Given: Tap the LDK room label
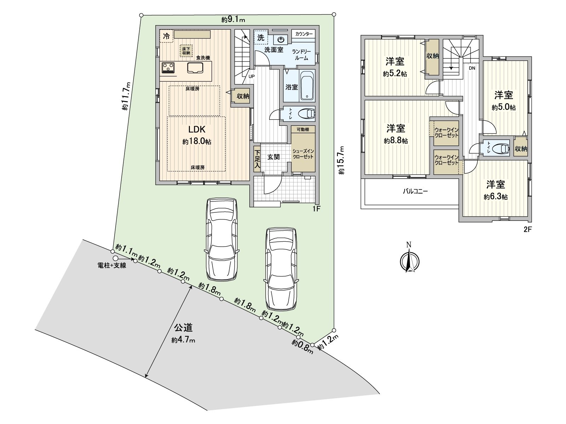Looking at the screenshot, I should point(197,129).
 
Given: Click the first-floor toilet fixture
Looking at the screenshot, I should point(306,114).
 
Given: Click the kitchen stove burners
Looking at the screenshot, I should point(168,67).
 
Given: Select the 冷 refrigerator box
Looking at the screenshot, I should point(166,36).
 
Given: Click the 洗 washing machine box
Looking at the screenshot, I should point(261,37).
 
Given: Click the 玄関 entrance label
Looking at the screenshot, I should point(273,157).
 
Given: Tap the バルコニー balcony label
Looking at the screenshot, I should point(416,192).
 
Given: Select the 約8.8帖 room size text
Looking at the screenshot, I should point(396,141).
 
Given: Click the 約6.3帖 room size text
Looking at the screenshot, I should point(496,197).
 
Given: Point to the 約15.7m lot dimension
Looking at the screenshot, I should point(341,160).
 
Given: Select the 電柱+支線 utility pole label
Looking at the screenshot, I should point(112,265).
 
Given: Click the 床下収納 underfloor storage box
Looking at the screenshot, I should point(186,51).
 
